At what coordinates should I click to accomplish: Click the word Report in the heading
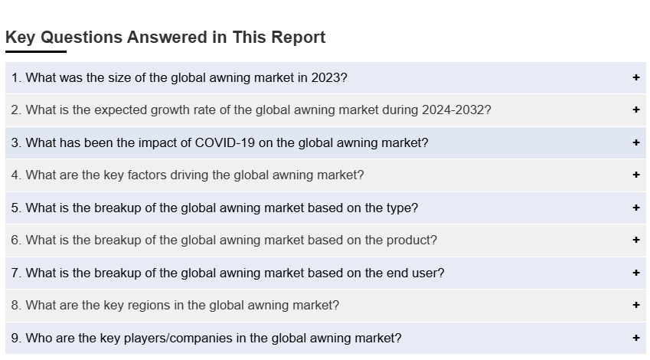(298, 38)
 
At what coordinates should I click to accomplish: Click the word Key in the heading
(21, 38)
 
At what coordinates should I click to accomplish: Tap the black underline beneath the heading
(36, 51)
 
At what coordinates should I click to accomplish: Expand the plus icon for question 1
(636, 77)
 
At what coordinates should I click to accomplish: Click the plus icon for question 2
(636, 110)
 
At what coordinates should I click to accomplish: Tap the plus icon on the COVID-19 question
(636, 142)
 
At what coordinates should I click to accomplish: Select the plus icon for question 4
(636, 175)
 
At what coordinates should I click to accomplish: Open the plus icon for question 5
(636, 208)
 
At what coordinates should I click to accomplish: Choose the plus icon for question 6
(636, 240)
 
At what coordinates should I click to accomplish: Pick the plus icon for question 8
(636, 305)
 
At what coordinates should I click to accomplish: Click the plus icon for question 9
(636, 338)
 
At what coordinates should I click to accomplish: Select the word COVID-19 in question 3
(223, 142)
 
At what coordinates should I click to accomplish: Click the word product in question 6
(410, 240)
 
